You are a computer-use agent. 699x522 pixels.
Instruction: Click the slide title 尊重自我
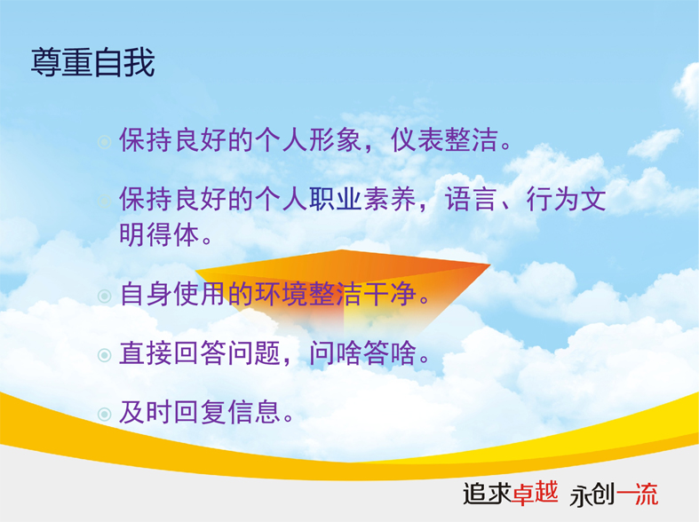coord(92,62)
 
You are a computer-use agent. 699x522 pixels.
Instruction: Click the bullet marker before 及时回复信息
coord(104,415)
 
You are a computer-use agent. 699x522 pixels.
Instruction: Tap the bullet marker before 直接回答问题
coord(104,355)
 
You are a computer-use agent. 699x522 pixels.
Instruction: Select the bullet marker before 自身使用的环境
coord(104,297)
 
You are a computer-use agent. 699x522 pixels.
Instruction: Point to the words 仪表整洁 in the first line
coord(444,140)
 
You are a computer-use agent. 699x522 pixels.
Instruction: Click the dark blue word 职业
coord(335,199)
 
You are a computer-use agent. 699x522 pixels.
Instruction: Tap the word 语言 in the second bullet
coord(471,199)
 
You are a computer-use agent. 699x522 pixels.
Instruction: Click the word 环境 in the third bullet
coord(281,294)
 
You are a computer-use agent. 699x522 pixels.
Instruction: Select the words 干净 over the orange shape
coord(390,294)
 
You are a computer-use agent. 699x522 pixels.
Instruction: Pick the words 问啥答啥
coord(363,353)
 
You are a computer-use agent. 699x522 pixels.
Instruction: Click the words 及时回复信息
coord(200,412)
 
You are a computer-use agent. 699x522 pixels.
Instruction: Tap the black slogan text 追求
coord(487,494)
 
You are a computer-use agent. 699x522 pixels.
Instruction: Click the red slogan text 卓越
coord(535,493)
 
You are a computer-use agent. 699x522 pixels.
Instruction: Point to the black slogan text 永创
coord(592,494)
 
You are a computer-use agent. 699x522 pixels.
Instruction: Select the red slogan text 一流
coord(637,494)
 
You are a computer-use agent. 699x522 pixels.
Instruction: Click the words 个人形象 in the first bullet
coord(308,140)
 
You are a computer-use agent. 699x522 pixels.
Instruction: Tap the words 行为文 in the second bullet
coord(566,199)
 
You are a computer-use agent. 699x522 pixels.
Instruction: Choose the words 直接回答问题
coord(200,353)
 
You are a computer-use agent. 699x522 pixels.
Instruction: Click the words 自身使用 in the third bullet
coord(172,294)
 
